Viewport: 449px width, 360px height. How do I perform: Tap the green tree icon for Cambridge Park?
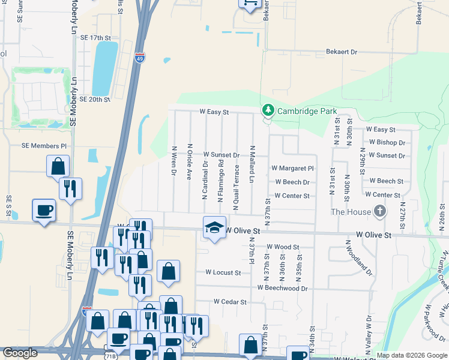[x=268, y=110]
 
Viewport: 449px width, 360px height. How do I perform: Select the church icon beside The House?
[x=379, y=211]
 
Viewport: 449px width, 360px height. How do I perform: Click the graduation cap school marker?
[x=214, y=227]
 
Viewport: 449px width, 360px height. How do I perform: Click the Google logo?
[x=20, y=353]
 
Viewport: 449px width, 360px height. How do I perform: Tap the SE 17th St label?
[x=96, y=38]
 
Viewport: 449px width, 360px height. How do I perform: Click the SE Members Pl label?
[x=44, y=146]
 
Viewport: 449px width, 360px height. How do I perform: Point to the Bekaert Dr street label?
[x=342, y=52]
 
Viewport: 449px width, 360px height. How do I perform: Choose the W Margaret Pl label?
[x=292, y=169]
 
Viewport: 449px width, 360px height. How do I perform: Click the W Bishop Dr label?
[x=387, y=142]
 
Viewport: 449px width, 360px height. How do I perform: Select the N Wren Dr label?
[x=173, y=161]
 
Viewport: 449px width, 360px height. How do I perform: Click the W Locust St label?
[x=223, y=272]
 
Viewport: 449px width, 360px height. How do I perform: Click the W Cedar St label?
[x=230, y=302]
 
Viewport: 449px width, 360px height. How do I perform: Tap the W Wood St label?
[x=283, y=247]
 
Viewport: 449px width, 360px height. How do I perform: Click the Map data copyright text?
[x=411, y=355]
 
